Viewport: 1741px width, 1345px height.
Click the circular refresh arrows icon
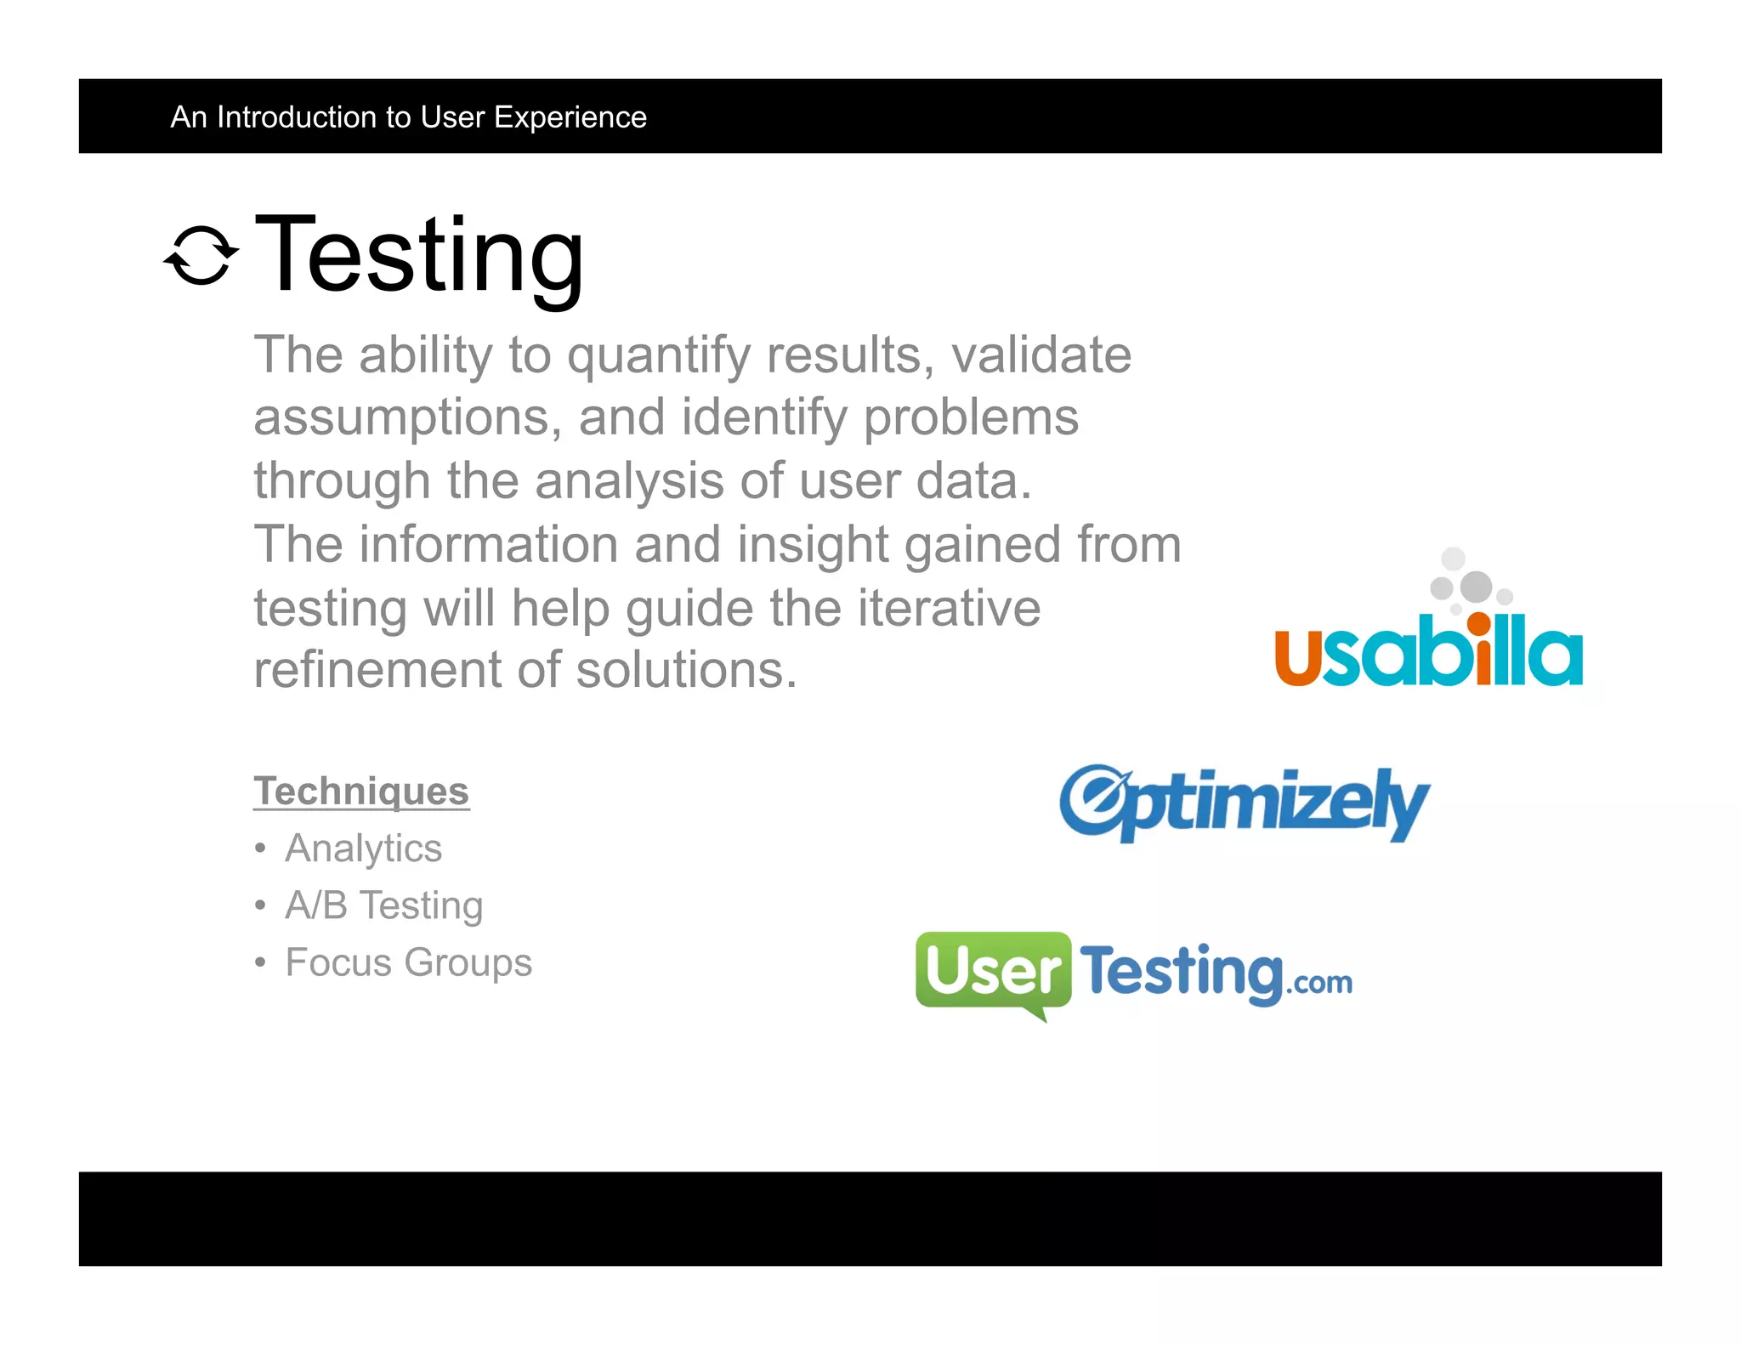[x=201, y=255]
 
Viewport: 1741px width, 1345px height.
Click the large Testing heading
[x=419, y=255]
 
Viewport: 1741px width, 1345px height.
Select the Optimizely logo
[x=1244, y=803]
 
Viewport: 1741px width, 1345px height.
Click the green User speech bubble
[x=992, y=970]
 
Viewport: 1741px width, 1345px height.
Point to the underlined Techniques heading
[x=361, y=791]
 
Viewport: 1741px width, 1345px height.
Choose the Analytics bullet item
[x=363, y=848]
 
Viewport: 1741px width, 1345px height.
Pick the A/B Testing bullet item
[x=383, y=905]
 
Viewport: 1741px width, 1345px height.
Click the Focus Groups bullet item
[x=408, y=962]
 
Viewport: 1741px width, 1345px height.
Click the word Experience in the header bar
[x=570, y=117]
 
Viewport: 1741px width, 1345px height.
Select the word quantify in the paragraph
[x=659, y=355]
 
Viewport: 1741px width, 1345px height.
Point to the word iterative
[x=949, y=608]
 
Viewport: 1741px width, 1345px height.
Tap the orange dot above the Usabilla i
[x=1478, y=622]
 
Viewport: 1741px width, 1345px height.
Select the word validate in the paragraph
[x=1041, y=355]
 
